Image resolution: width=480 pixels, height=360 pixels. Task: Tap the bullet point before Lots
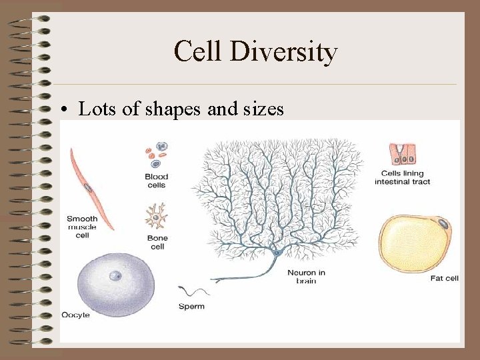point(67,109)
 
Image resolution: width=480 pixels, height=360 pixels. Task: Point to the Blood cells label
point(156,181)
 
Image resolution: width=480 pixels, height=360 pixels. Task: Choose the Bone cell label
point(156,242)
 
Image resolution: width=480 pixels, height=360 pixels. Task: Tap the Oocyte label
point(75,315)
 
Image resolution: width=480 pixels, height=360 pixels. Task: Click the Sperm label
point(191,307)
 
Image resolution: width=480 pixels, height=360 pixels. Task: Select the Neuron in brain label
point(306,277)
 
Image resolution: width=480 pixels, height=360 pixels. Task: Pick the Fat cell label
point(443,279)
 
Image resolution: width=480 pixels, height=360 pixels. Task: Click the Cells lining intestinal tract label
point(405,178)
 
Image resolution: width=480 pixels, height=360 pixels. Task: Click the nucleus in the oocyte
point(115,275)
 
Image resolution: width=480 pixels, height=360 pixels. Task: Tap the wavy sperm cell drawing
point(193,291)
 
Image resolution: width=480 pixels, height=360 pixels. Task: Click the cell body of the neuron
point(275,252)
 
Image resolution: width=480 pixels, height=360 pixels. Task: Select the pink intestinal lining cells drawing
point(403,153)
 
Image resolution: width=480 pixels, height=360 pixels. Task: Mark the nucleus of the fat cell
point(443,223)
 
